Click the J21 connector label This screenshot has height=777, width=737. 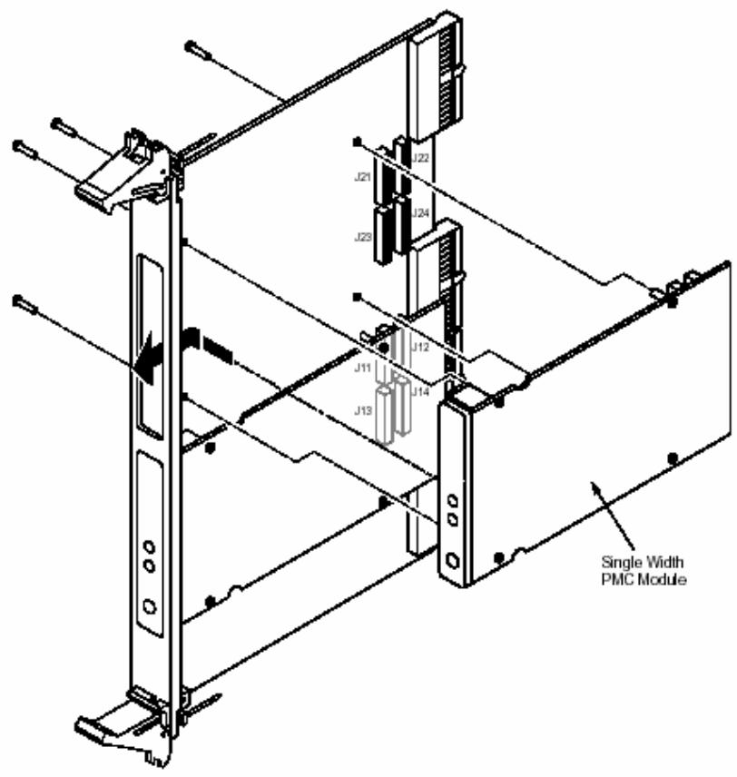[362, 177]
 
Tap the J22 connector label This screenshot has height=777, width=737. [420, 158]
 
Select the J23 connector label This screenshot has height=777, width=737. [363, 237]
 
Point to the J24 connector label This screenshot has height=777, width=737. [420, 213]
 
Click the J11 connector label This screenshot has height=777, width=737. [362, 369]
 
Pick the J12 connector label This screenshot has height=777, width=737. [420, 348]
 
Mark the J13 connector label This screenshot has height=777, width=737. [363, 410]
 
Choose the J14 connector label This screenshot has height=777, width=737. [420, 392]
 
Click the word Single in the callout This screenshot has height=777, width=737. [621, 563]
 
